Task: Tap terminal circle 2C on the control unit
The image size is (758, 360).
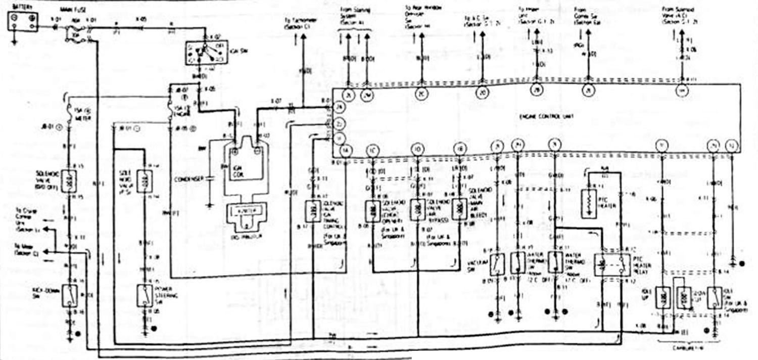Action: (421, 94)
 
